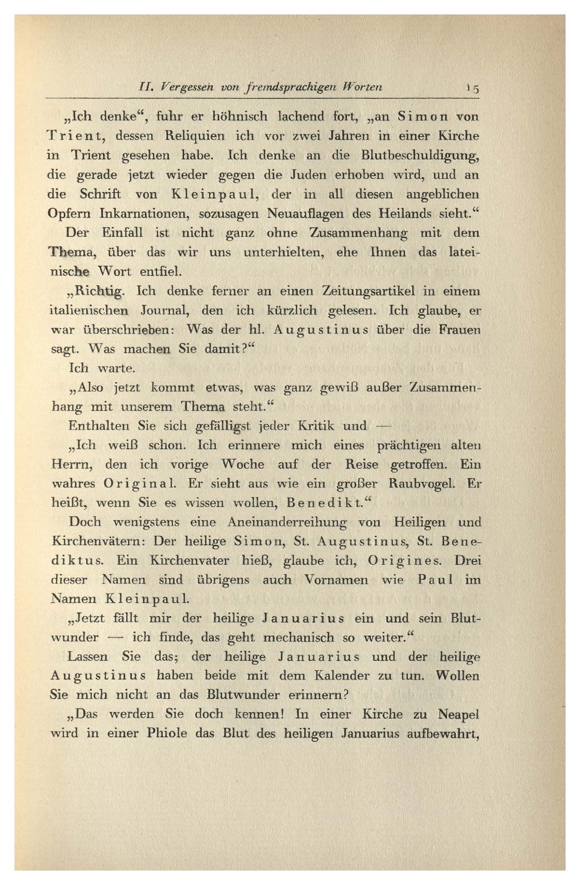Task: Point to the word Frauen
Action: [x=459, y=329]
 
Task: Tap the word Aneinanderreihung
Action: [x=287, y=522]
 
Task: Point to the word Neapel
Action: [x=458, y=714]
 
